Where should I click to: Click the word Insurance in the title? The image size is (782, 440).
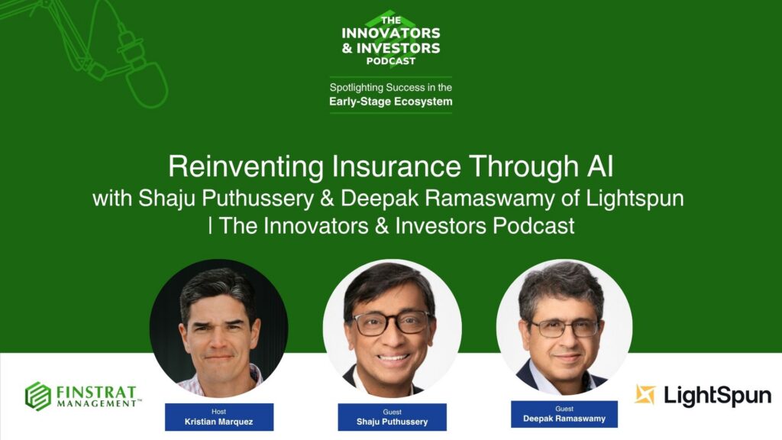coord(396,166)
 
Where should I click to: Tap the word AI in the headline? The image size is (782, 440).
coord(599,166)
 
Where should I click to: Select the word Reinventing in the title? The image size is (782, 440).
coord(246,167)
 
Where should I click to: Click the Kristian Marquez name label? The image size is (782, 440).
coord(219,417)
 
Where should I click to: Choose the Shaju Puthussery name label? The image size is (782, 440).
coord(392,417)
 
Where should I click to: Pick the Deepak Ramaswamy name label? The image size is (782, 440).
coord(564,414)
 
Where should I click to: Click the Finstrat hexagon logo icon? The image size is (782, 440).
coord(38,396)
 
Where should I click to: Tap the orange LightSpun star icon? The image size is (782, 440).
coord(645,395)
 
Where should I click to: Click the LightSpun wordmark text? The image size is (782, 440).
coord(718,396)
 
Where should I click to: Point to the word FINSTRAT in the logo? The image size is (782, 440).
coord(96,392)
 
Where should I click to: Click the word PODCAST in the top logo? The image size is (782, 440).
coord(391,61)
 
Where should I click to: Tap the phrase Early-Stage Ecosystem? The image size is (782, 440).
coord(391,102)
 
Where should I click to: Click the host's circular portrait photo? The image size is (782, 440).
coord(219,328)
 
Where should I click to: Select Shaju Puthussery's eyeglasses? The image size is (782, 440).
coord(392,323)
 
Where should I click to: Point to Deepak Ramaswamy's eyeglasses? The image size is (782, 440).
coord(564,328)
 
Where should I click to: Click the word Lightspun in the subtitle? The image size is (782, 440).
coord(635,199)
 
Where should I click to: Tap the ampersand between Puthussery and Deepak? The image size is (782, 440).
coord(327,198)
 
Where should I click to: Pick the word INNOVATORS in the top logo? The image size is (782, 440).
coord(391,34)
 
